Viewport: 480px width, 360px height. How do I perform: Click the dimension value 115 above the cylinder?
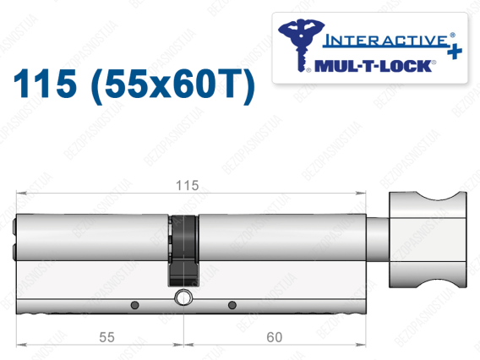pos(188,186)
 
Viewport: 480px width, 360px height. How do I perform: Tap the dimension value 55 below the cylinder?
pos(106,337)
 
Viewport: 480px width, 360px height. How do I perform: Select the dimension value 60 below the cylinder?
pos(275,337)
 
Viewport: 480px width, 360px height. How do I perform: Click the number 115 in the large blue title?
pos(45,84)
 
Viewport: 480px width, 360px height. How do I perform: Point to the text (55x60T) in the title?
pos(173,85)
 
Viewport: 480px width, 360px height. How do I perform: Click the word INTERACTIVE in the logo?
pos(386,41)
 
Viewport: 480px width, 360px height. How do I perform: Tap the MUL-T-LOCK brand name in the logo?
pos(373,66)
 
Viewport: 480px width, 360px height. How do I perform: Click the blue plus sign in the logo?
pos(455,51)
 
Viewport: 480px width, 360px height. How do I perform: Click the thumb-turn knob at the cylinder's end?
pos(428,239)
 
